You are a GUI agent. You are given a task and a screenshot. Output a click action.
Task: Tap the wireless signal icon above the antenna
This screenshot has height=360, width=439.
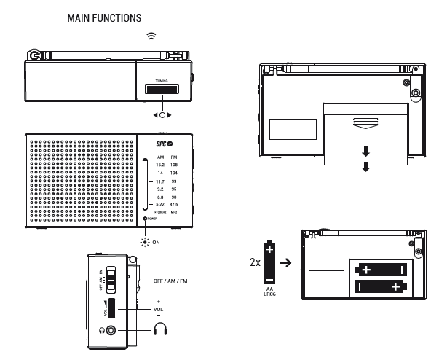pos(151,35)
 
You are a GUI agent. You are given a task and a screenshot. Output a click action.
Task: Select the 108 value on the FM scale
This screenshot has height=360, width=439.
pos(174,165)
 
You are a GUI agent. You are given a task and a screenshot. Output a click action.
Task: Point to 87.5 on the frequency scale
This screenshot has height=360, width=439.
pos(173,204)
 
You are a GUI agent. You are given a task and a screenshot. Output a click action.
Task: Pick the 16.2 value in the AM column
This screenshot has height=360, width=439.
pos(160,165)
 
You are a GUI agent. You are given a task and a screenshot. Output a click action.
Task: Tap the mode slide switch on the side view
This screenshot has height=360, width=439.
pos(110,278)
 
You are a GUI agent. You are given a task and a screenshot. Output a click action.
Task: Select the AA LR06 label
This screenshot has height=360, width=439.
pos(269,294)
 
